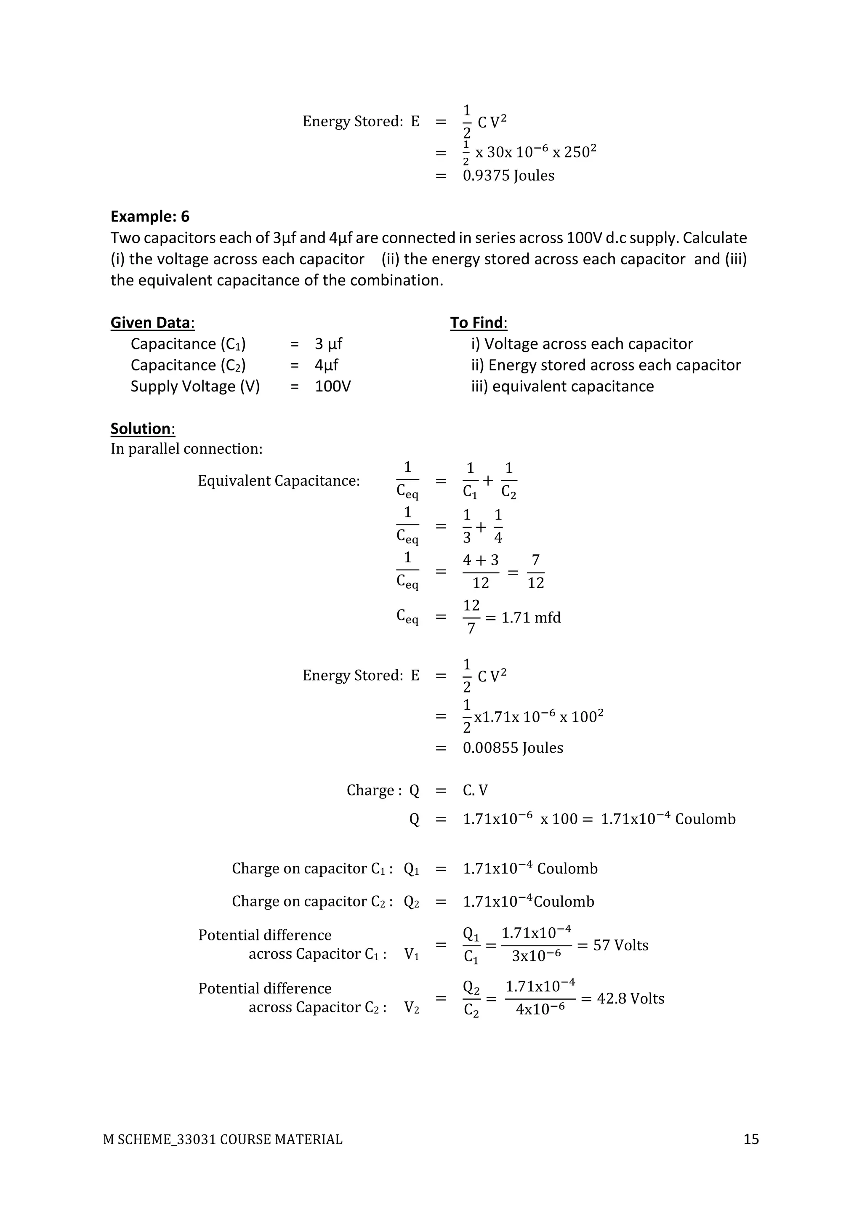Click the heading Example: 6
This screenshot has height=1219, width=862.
pos(150,217)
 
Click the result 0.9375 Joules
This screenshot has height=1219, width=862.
pos(508,176)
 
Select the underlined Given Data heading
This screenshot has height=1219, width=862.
pos(152,323)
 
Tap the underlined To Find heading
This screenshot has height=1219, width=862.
pos(478,323)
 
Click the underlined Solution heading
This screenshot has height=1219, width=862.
pos(142,429)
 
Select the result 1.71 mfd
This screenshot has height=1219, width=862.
pos(531,617)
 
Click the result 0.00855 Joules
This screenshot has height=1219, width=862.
pos(513,748)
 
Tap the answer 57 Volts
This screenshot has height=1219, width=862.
pos(620,945)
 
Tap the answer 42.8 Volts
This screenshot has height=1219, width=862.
pos(630,999)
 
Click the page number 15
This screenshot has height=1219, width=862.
pos(750,1139)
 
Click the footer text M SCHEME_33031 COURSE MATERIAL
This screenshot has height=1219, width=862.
pos(223,1140)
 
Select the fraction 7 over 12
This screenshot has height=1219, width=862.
pos(535,572)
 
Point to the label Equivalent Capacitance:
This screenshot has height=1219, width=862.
pos(279,481)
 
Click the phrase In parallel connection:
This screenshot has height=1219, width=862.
pos(186,449)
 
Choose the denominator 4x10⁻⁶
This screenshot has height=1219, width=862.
pos(540,1009)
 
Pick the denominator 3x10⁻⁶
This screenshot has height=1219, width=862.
pos(536,956)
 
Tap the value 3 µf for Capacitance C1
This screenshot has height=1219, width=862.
pos(328,344)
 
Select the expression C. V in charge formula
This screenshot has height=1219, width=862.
pos(475,790)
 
